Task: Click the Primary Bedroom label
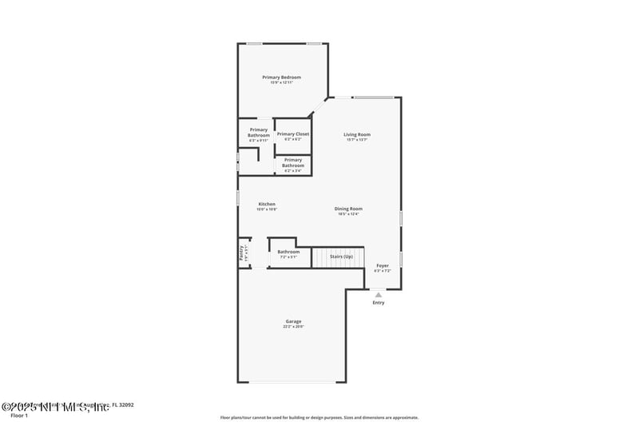(x=281, y=77)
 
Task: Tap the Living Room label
(x=357, y=134)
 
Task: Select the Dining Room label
(x=348, y=209)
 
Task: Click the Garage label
(x=293, y=321)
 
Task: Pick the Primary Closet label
(x=293, y=133)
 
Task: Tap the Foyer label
(x=383, y=265)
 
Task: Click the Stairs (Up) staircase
(x=336, y=257)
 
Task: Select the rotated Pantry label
(x=241, y=253)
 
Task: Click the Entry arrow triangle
(x=379, y=294)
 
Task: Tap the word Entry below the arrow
(x=379, y=303)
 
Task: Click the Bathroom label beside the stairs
(x=288, y=252)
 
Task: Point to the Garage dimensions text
(x=293, y=326)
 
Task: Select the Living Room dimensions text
(x=357, y=140)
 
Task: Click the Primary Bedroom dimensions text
(x=281, y=82)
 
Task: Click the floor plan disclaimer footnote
(x=319, y=417)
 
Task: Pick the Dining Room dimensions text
(x=348, y=213)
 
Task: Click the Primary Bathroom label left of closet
(x=259, y=132)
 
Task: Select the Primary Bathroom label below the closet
(x=293, y=162)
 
